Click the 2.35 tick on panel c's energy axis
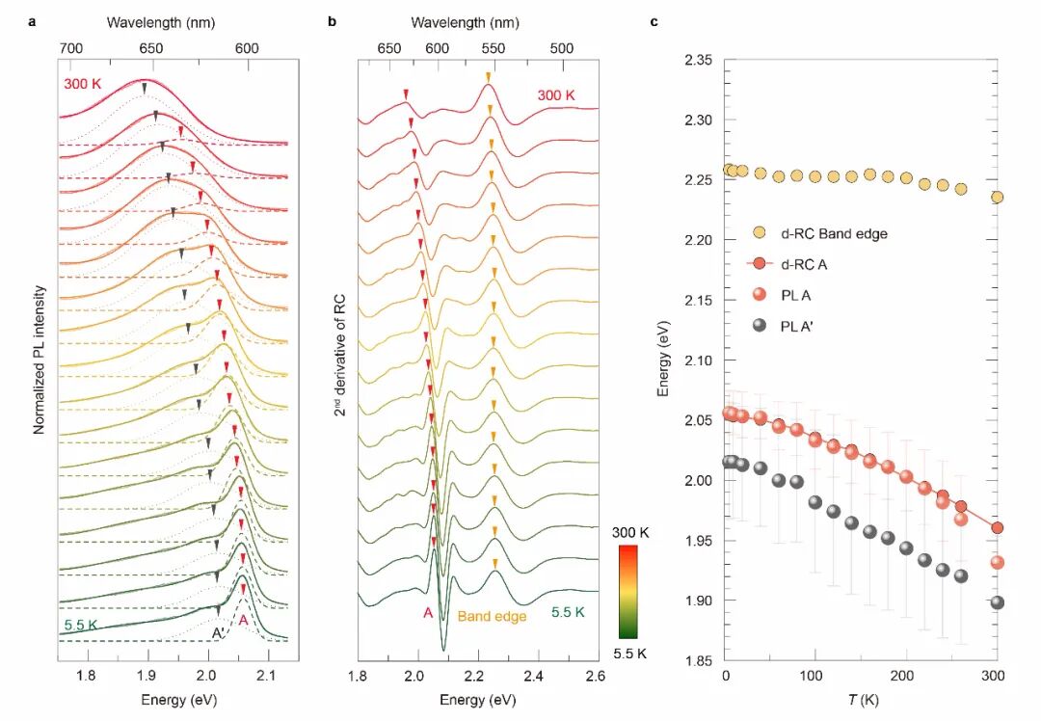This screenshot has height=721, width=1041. click(x=698, y=61)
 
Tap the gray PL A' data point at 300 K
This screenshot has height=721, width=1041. click(x=998, y=602)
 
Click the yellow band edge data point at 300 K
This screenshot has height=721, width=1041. click(x=998, y=197)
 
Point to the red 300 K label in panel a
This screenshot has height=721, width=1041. click(x=82, y=85)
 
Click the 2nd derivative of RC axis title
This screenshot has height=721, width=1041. click(x=340, y=357)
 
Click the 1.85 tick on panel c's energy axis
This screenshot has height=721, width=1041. click(x=698, y=660)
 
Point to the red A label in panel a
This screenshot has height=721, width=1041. click(x=245, y=622)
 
